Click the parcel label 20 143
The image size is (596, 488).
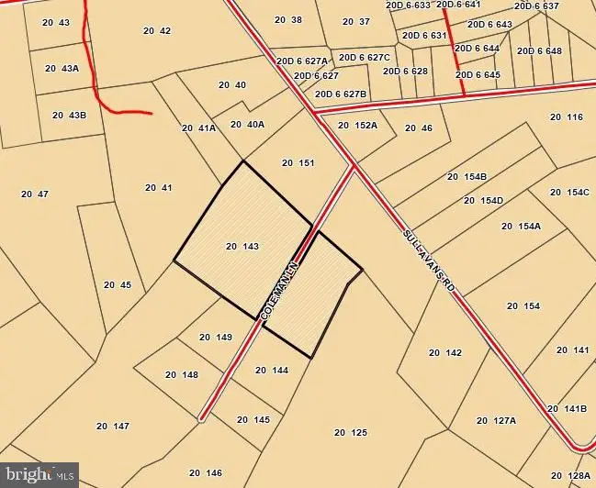pyautogui.click(x=242, y=246)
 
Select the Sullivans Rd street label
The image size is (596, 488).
pyautogui.click(x=429, y=261)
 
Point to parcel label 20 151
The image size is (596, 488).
pyautogui.click(x=298, y=163)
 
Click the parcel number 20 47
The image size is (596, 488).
pyautogui.click(x=34, y=194)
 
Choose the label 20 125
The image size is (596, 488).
pyautogui.click(x=350, y=432)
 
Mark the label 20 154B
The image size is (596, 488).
pyautogui.click(x=467, y=176)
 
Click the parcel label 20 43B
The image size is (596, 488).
pyautogui.click(x=69, y=116)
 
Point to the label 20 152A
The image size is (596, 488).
pyautogui.click(x=357, y=126)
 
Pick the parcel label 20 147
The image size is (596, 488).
pyautogui.click(x=112, y=426)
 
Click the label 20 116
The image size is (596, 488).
pyautogui.click(x=567, y=116)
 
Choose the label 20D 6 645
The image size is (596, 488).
pyautogui.click(x=478, y=74)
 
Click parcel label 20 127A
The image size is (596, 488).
pyautogui.click(x=496, y=420)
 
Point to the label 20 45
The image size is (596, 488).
pyautogui.click(x=118, y=284)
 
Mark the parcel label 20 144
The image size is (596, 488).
pyautogui.click(x=272, y=370)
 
